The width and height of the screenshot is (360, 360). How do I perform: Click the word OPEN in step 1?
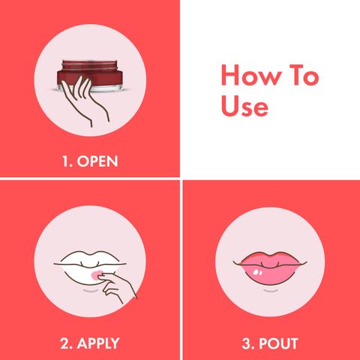97,161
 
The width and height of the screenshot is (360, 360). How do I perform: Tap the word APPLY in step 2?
98,343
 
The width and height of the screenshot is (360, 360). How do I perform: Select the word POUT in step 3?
278,343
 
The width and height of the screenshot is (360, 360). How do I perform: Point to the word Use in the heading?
244,106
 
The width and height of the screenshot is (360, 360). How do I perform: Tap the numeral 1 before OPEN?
65,161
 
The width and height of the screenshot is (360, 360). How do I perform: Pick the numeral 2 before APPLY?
64,343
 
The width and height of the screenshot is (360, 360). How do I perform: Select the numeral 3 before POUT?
247,343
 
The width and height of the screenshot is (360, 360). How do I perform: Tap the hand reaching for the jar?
84,100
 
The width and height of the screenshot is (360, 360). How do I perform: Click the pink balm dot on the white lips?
96,274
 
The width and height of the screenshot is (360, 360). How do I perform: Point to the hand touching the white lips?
118,286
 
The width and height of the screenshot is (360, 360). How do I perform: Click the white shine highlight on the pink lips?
256,271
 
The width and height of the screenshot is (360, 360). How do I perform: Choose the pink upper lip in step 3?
270,258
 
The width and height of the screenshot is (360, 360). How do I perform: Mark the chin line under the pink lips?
271,290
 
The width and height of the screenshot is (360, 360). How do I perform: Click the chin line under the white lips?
91,290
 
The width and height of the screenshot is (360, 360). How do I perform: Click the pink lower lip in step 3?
270,274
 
